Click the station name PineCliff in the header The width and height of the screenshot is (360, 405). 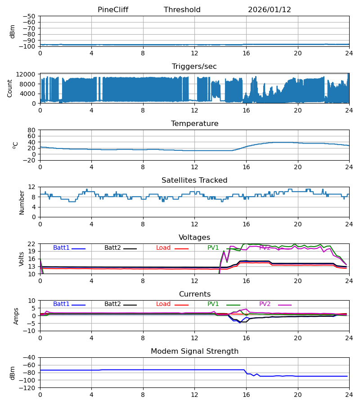pos(112,10)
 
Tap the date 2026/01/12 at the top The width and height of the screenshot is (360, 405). pos(270,10)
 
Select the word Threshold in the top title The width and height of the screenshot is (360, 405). pos(182,10)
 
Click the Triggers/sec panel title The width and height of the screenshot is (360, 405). pos(194,67)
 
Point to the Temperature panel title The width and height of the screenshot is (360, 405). pos(194,124)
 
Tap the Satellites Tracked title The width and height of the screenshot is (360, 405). pos(194,180)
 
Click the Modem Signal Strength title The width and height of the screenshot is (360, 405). pos(194,351)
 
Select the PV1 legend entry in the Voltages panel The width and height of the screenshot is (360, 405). pos(213,248)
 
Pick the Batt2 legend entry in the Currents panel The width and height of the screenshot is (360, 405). pos(112,304)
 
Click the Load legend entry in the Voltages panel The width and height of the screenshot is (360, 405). pos(163,248)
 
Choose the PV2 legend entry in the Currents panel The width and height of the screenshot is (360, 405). pos(265,304)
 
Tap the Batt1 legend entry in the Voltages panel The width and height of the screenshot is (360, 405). pos(61,248)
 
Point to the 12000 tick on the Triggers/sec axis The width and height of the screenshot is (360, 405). pos(28,74)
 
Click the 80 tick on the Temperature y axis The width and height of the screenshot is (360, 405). pos(32,130)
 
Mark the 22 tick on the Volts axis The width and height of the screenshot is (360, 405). pos(32,244)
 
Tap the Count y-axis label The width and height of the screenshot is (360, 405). pos(10,88)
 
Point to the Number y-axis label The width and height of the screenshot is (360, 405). pos(22,202)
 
